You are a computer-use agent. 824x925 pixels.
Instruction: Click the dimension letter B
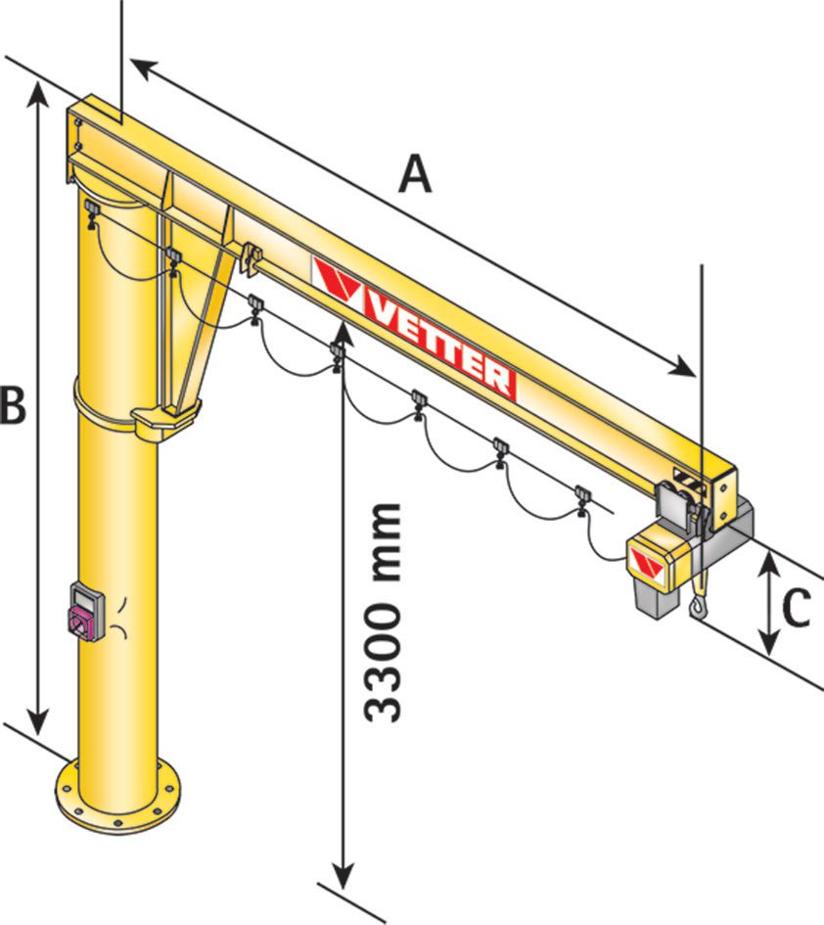[x=13, y=404]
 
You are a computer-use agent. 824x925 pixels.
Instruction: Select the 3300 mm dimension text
[x=383, y=613]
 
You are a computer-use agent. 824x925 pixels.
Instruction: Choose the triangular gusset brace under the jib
[x=196, y=294]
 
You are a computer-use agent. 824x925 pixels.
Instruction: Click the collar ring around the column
[x=117, y=411]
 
